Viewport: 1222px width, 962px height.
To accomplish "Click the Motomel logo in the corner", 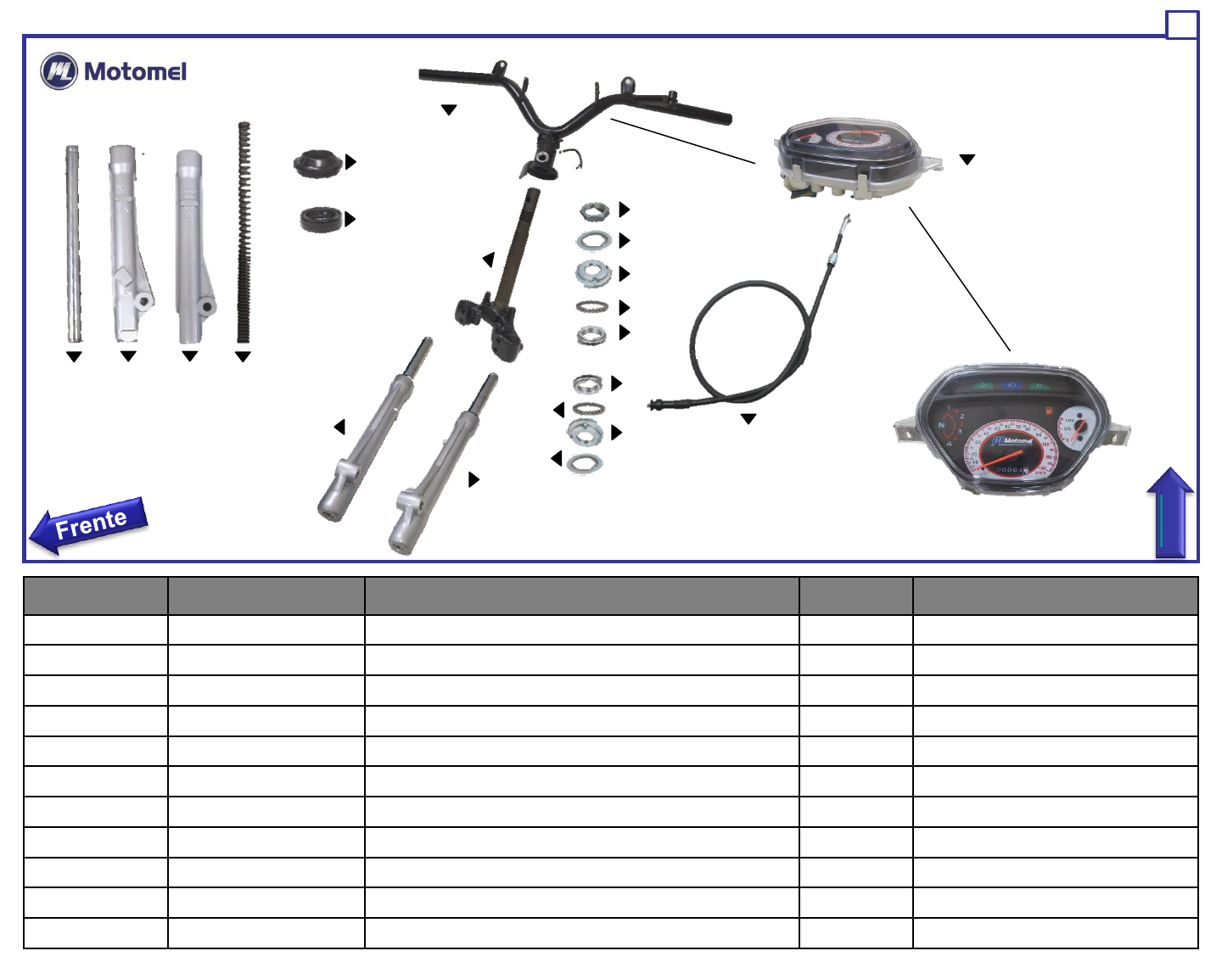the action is [113, 71].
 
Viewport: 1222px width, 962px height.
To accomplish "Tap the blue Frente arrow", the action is [89, 524].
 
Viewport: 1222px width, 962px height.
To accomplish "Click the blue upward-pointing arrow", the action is [1170, 513].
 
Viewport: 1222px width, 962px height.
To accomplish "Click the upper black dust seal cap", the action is [317, 163].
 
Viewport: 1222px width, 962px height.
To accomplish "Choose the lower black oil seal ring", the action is [321, 219].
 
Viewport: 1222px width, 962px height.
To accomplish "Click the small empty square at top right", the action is [1181, 25].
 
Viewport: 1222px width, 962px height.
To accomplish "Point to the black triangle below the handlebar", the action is [449, 110].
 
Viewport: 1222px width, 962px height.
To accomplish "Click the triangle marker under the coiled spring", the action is [243, 357].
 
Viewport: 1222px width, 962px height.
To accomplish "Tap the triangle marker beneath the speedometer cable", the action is [748, 419].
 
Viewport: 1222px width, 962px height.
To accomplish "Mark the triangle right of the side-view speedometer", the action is [967, 159].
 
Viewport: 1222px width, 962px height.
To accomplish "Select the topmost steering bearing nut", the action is [594, 210].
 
